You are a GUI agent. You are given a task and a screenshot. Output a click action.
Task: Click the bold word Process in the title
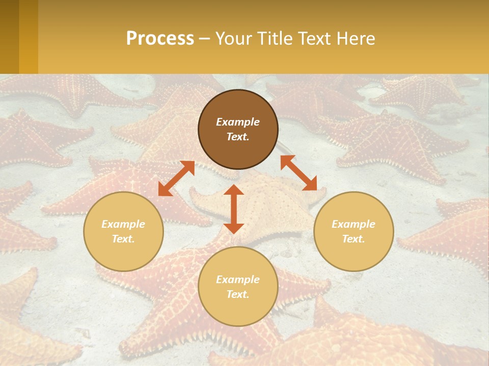tap(160, 39)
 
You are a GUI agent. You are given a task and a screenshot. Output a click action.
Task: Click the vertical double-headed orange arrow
tap(234, 209)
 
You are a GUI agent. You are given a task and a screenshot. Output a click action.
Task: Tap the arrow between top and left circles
tap(176, 178)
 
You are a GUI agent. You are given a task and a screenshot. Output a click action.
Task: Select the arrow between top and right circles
tap(298, 173)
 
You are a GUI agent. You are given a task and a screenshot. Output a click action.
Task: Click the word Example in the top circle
tap(238, 122)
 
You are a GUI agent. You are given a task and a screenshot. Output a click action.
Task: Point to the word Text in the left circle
tap(123, 239)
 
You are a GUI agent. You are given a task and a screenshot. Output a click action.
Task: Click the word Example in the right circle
tap(354, 224)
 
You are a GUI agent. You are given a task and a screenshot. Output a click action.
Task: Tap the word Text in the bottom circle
tap(238, 295)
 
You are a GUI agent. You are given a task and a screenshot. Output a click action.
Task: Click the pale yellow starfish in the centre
tap(270, 203)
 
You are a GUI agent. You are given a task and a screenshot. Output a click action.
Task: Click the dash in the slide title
tap(204, 39)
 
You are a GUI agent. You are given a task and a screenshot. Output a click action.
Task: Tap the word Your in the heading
tap(232, 39)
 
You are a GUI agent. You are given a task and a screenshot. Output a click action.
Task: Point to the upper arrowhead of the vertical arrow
tap(234, 190)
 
